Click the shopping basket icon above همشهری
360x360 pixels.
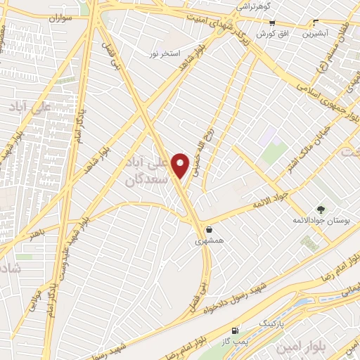pyautogui.click(x=209, y=229)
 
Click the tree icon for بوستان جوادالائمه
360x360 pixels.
pyautogui.click(x=321, y=210)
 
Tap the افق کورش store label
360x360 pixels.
pyautogui.click(x=269, y=34)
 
